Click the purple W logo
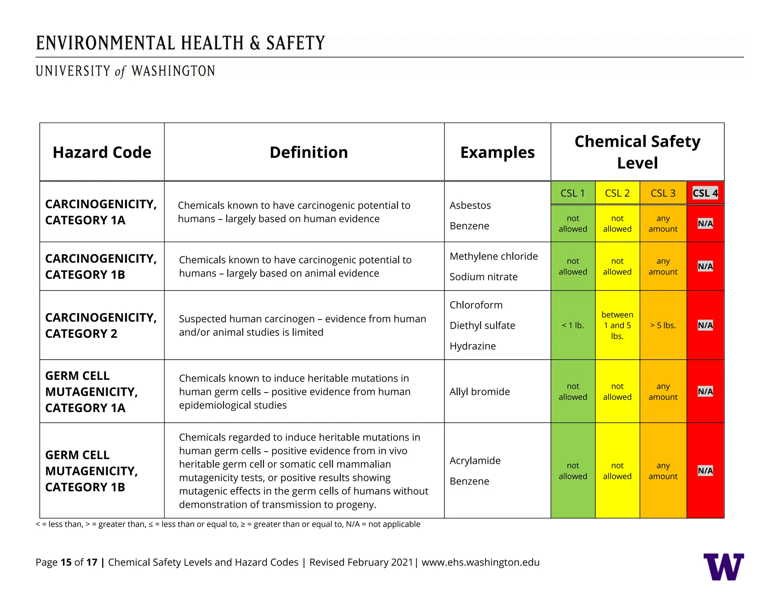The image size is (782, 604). click(x=723, y=567)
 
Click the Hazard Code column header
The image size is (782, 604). click(x=102, y=152)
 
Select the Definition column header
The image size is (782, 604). click(x=309, y=152)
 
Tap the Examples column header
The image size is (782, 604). click(x=497, y=152)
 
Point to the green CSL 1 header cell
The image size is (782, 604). click(x=572, y=193)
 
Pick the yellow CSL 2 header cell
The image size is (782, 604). click(x=617, y=193)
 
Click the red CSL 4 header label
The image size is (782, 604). click(x=705, y=193)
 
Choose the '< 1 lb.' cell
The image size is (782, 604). click(x=573, y=325)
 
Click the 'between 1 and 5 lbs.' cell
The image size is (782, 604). click(x=617, y=325)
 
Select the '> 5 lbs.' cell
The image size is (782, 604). click(x=663, y=325)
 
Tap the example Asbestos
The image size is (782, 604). click(x=470, y=205)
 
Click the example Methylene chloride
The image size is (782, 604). click(x=493, y=256)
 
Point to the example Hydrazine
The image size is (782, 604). click(x=472, y=346)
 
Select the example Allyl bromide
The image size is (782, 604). click(x=480, y=392)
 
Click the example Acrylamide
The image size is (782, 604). click(x=475, y=460)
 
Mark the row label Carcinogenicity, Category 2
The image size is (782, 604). click(x=101, y=325)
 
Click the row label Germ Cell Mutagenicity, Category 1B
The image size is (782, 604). click(x=91, y=471)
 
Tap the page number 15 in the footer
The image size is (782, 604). click(x=66, y=562)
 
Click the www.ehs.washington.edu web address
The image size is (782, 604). click(x=480, y=562)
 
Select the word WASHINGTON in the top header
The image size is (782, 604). click(x=173, y=71)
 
